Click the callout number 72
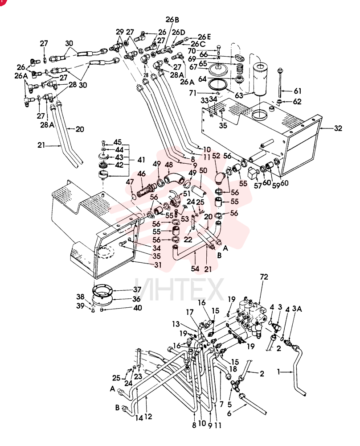point(264,277)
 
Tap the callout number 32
point(338,128)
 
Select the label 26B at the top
point(172,20)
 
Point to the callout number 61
point(298,91)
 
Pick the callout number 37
point(137,289)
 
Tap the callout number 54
point(195,268)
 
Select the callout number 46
point(142,173)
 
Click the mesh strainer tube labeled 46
point(146,190)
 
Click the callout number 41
point(141,160)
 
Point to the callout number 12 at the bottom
point(148,417)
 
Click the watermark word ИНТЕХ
point(179,289)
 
